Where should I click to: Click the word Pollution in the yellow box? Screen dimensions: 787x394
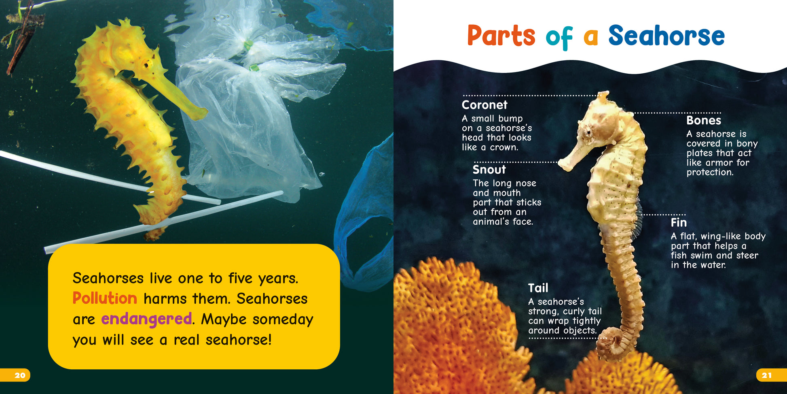tap(105, 298)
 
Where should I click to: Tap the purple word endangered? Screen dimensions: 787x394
tap(146, 319)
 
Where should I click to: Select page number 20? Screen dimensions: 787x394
tap(20, 375)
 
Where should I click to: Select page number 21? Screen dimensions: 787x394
tap(767, 375)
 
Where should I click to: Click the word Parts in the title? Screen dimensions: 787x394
tap(501, 36)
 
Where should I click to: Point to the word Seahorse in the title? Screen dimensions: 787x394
tap(666, 36)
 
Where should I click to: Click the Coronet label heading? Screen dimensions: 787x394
tap(484, 105)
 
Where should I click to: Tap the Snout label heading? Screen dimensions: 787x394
tap(489, 169)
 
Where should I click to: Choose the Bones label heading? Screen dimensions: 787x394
tap(704, 120)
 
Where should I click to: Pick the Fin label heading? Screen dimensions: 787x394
tap(679, 223)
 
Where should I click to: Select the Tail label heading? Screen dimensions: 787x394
tap(538, 288)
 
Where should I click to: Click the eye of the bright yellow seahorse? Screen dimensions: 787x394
tap(146, 64)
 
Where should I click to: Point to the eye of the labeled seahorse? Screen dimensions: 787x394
tap(588, 132)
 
